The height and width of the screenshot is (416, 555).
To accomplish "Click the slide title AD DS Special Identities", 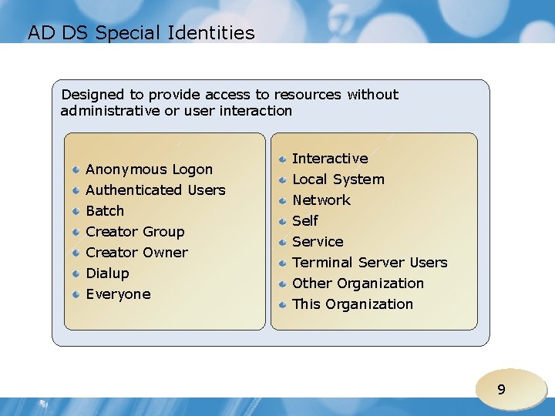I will (141, 33).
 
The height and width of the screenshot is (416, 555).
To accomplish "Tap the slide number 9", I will (501, 390).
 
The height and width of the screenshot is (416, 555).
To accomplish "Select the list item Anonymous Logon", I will (149, 169).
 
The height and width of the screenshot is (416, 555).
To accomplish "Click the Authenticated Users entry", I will (156, 190).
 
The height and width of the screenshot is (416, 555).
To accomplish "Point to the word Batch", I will (105, 211).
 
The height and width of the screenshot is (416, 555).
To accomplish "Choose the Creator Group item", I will (135, 232).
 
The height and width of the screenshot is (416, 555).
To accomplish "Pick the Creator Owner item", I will (136, 253).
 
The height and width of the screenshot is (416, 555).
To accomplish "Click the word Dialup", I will (107, 273).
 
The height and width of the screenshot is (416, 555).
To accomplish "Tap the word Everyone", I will (118, 294).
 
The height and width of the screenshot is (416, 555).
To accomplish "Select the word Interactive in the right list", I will (330, 159).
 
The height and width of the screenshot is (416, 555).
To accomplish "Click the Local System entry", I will (338, 179).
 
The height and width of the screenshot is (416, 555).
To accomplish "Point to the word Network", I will (321, 200).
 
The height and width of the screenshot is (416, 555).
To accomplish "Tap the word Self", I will (304, 221).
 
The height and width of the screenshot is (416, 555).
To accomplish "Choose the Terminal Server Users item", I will (369, 263).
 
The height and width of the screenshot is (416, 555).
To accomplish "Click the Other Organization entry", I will (358, 283).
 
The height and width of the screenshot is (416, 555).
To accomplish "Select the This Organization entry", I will (352, 304).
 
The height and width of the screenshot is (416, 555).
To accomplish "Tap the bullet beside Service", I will (284, 242).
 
